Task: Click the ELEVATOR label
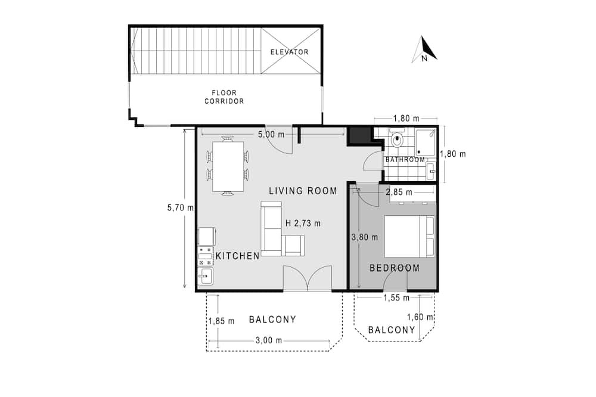pyautogui.click(x=289, y=52)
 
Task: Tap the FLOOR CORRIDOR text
pyautogui.click(x=224, y=97)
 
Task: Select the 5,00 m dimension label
pyautogui.click(x=271, y=134)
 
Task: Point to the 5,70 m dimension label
pyautogui.click(x=180, y=207)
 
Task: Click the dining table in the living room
pyautogui.click(x=228, y=166)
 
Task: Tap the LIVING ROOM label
pyautogui.click(x=303, y=191)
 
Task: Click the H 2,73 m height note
pyautogui.click(x=303, y=223)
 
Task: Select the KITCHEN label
pyautogui.click(x=238, y=256)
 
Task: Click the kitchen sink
pyautogui.click(x=205, y=275)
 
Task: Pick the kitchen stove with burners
pyautogui.click(x=205, y=256)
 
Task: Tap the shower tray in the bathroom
pyautogui.click(x=426, y=143)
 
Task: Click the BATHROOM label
pyautogui.click(x=405, y=160)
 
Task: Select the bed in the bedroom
pyautogui.click(x=409, y=237)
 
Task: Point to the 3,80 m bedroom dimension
pyautogui.click(x=365, y=237)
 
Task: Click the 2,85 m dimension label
pyautogui.click(x=399, y=192)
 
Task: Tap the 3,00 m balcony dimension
pyautogui.click(x=269, y=340)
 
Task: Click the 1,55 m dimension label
pyautogui.click(x=396, y=298)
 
